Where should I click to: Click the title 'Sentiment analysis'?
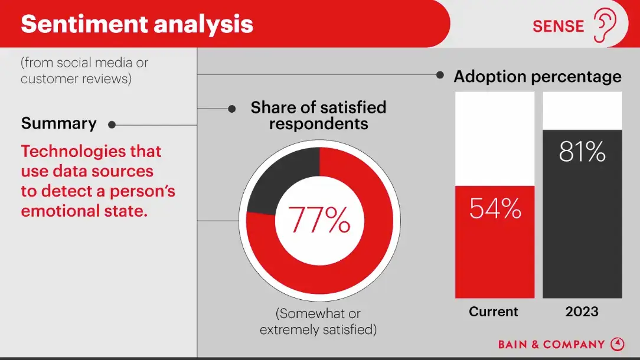pos(137,24)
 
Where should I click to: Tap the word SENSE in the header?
pos(558,27)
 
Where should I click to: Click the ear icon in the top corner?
pos(605,25)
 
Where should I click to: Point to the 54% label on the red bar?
pos(495,208)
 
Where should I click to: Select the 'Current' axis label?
pos(494,312)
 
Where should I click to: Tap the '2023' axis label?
pos(582,312)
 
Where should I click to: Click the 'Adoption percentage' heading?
pos(537,77)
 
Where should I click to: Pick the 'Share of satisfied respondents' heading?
pos(318,115)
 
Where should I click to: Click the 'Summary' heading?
pos(58,123)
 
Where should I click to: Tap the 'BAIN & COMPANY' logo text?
pos(551,345)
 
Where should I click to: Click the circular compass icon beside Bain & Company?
pos(617,344)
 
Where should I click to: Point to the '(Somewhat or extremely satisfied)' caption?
pos(318,322)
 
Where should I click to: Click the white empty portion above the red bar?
pos(495,139)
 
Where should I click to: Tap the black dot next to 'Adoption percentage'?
pos(440,75)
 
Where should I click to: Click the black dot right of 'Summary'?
pos(112,125)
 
